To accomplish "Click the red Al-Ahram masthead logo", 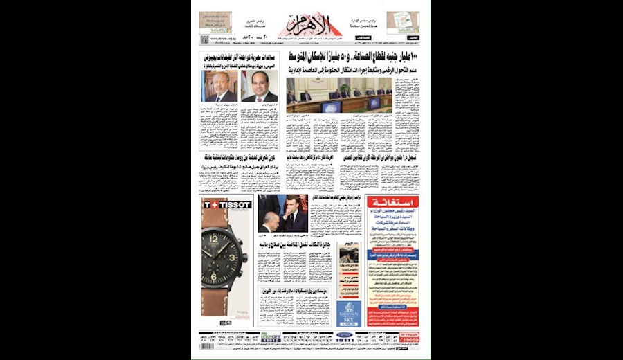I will point(313,26).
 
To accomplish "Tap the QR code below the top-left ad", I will point(205,40).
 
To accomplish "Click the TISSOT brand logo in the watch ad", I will point(226,204).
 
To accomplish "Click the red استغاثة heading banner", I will point(392,201).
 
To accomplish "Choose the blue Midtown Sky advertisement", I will point(349,314).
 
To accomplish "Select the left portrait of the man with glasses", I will point(219,87).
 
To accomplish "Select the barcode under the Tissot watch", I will point(226,322).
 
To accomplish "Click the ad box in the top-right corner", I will point(403,21).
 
